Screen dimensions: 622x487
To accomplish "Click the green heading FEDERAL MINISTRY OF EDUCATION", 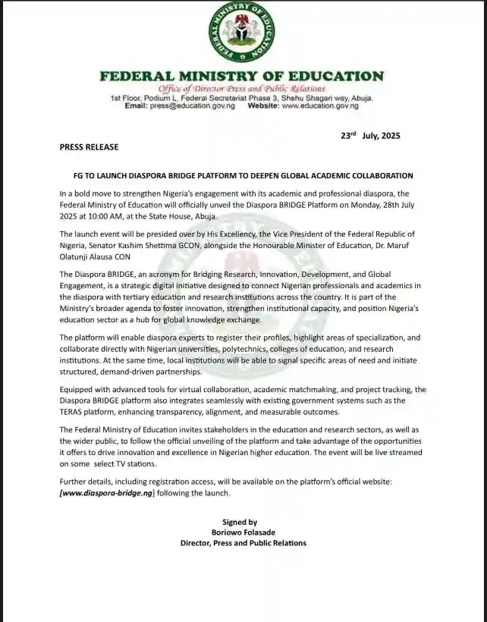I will (x=242, y=76).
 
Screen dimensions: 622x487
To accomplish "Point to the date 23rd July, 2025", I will (x=369, y=136).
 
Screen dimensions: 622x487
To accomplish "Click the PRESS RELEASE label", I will (x=89, y=147).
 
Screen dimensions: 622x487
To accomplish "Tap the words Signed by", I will (x=240, y=522).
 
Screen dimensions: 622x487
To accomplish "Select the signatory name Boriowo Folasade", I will (x=243, y=532).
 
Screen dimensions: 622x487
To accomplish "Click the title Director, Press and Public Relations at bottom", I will (x=243, y=543).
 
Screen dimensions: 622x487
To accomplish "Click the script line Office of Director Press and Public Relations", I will (x=242, y=88).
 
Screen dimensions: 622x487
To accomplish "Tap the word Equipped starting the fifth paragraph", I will (x=80, y=390).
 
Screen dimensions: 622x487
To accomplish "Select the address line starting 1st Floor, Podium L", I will (x=242, y=98).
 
